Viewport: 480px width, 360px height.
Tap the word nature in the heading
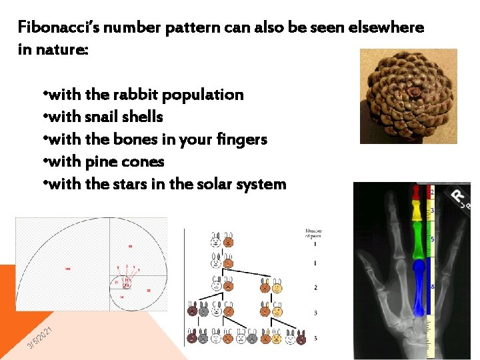pyautogui.click(x=59, y=51)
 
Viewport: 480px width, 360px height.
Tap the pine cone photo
pyautogui.click(x=408, y=97)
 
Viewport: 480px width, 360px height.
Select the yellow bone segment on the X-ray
pyautogui.click(x=417, y=211)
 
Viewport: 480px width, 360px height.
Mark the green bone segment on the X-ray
pyautogui.click(x=418, y=240)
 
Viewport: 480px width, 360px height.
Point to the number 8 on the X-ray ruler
pyautogui.click(x=433, y=287)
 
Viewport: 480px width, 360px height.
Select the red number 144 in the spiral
pyautogui.click(x=67, y=268)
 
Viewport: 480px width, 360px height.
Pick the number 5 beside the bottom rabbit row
pyautogui.click(x=315, y=338)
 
